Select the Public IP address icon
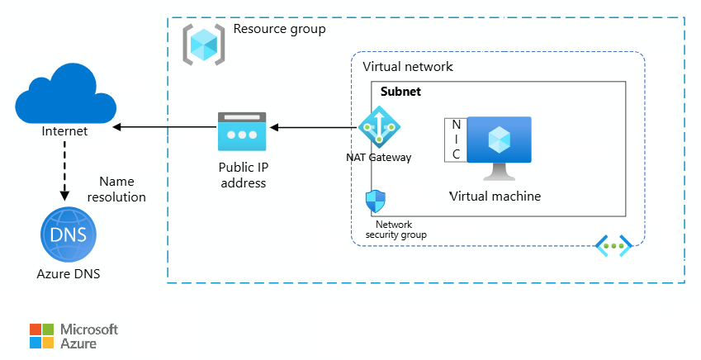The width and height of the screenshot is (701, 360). click(x=242, y=131)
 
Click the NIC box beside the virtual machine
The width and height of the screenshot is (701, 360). click(x=456, y=140)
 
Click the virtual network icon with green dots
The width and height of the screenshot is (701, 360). click(x=613, y=245)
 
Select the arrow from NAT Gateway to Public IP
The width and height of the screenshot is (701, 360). click(x=314, y=128)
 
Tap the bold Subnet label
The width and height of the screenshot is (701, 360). click(x=400, y=92)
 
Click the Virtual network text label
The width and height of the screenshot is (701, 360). click(x=408, y=66)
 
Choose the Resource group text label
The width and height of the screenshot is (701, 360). click(x=279, y=29)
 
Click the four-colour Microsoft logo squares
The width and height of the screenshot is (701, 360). click(x=41, y=336)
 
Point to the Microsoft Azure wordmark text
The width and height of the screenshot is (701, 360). click(x=90, y=336)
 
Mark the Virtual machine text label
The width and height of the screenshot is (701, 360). click(x=495, y=196)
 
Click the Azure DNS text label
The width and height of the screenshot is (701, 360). click(x=69, y=273)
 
